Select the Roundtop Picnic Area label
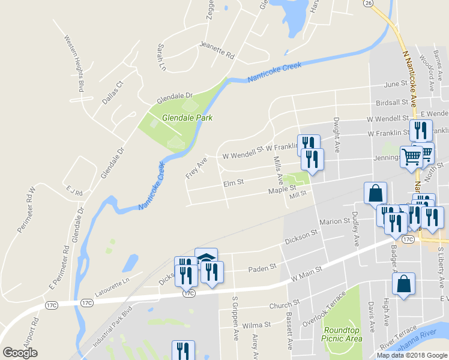pos(343,334)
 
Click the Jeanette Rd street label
pos(217,50)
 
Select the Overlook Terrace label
pos(324,307)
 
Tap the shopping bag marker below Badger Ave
pos(405,284)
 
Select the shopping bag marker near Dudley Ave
pos(375,193)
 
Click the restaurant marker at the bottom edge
pos(184,351)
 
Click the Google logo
pos(20,353)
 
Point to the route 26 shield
pos(367,3)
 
